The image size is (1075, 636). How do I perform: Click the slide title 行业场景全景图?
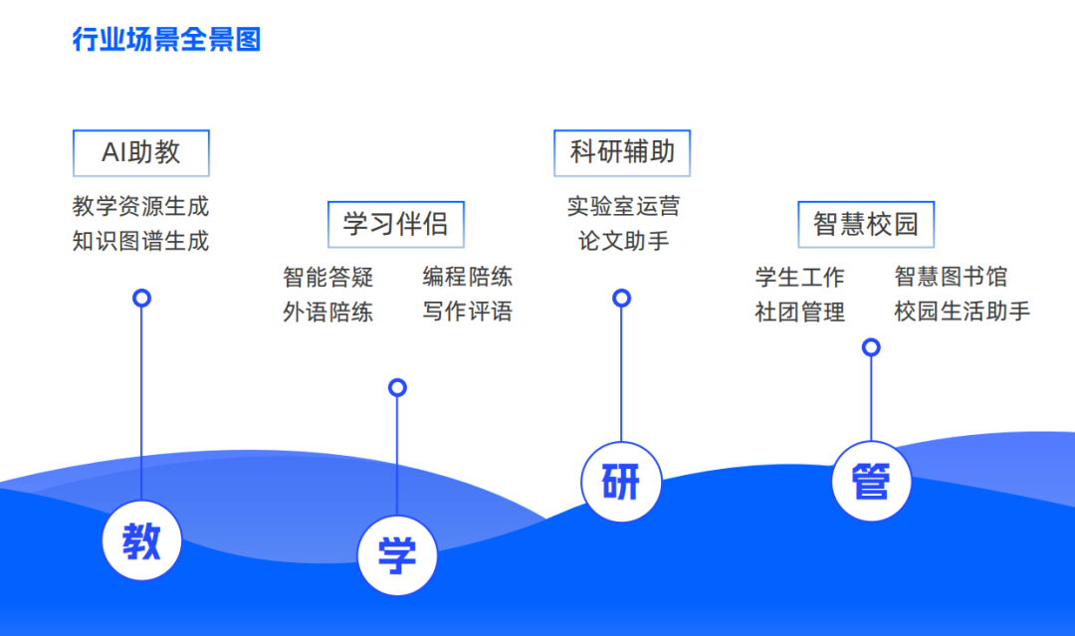[x=166, y=40]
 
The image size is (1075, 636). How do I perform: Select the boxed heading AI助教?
[x=141, y=152]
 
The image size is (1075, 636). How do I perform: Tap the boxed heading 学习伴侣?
[x=396, y=224]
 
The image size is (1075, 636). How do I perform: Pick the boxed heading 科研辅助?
[x=622, y=152]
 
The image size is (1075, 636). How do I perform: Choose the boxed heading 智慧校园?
[x=866, y=224]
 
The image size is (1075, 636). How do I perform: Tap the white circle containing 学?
[x=397, y=554]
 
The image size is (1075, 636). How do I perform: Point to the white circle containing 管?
[x=871, y=482]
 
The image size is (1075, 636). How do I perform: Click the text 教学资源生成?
[x=141, y=207]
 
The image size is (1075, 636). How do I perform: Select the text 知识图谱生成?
[x=141, y=241]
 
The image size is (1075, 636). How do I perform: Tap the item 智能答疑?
[x=328, y=277]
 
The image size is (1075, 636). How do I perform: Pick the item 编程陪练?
[x=468, y=277]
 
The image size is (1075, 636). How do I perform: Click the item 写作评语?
[x=468, y=312]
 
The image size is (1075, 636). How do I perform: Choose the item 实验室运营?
[x=623, y=207]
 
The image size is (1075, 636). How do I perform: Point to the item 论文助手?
[x=623, y=241]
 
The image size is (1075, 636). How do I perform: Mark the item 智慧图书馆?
[x=951, y=277]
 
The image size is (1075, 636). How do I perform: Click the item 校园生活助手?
[x=962, y=312]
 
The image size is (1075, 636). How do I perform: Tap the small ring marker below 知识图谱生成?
[x=142, y=298]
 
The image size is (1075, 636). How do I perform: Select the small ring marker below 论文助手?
[x=622, y=298]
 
